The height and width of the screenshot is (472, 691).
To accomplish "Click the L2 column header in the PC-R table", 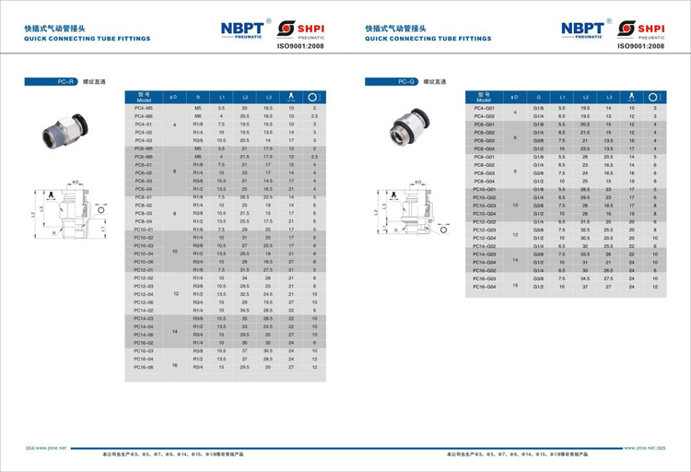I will tap(245, 96).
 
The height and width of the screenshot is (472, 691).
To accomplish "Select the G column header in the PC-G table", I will tap(538, 96).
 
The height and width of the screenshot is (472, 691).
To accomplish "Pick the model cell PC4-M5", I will tap(144, 109).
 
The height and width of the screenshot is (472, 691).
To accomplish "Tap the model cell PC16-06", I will tap(144, 367).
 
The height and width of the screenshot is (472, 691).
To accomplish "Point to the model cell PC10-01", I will tap(144, 229).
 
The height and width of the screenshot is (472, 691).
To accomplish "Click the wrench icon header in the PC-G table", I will tap(631, 96).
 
